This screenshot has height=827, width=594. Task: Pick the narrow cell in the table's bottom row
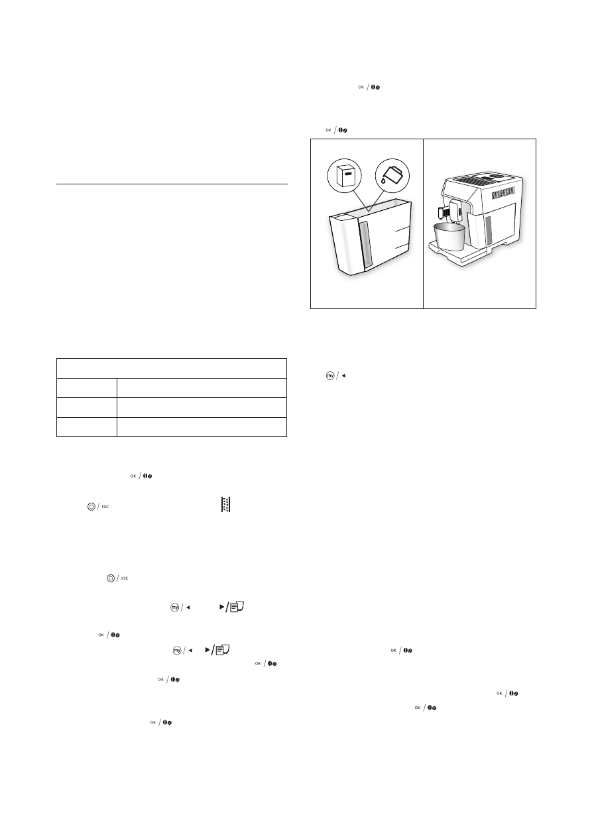[x=87, y=426]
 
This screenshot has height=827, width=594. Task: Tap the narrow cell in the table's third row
[x=87, y=407]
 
